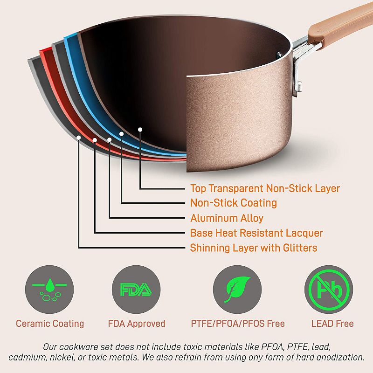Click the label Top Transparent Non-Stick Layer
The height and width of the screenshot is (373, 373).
265,188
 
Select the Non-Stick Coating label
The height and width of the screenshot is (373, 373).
233,203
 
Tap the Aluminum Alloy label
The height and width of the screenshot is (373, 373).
227,218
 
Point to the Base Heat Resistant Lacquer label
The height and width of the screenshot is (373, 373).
256,233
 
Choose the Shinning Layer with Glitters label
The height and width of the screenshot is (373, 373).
253,248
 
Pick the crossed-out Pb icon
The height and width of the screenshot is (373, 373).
329,290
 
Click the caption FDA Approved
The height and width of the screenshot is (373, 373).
136,323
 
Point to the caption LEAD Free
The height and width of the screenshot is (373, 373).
332,323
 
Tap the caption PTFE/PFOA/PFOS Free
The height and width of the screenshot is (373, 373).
237,323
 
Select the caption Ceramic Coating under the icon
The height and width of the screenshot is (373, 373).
50,323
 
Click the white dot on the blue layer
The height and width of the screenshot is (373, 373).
122,134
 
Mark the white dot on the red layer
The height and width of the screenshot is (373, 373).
95,140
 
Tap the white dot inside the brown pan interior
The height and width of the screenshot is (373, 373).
140,129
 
